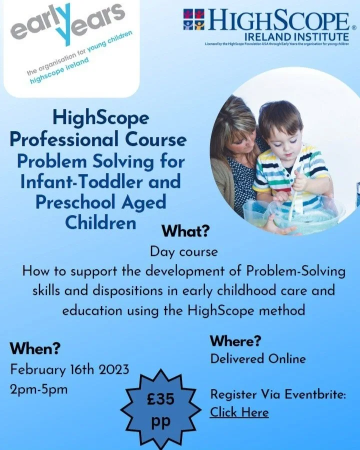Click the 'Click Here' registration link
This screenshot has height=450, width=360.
pyautogui.click(x=239, y=412)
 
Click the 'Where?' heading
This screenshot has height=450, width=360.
pyautogui.click(x=235, y=341)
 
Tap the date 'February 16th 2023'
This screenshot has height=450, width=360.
pyautogui.click(x=69, y=370)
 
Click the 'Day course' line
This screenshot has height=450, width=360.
pyautogui.click(x=184, y=251)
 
